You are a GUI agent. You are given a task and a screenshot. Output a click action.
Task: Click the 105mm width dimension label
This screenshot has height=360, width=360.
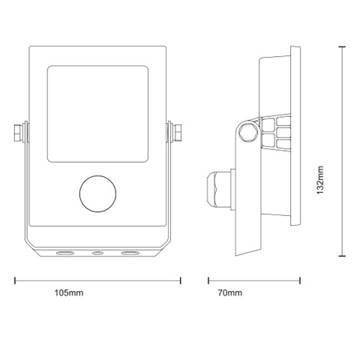click(69, 292)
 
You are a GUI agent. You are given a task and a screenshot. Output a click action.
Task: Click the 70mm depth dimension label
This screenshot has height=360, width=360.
click(230, 292)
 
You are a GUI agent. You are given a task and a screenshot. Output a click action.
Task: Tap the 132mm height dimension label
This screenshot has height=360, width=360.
click(320, 180)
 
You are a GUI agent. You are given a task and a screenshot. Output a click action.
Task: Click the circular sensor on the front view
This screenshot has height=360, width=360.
click(97, 193)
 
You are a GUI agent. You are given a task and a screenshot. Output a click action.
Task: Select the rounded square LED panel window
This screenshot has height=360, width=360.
click(97, 114)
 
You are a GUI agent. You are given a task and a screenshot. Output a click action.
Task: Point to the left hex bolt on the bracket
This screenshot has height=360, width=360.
click(18, 133)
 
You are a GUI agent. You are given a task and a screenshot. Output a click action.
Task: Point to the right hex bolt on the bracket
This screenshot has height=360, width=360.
click(177, 133)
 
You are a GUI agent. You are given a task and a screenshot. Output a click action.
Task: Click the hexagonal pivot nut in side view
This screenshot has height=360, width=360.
click(248, 133)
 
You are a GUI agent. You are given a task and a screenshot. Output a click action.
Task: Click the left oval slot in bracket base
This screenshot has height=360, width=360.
click(64, 253)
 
